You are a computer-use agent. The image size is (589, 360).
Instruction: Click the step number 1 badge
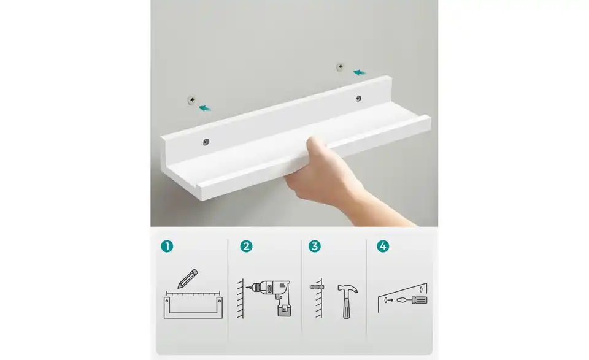tap(167, 247)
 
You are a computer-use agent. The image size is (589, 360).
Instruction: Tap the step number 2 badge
tap(246, 247)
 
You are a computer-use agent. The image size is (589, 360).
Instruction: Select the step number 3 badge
tap(315, 247)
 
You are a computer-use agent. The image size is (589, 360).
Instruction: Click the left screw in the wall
tap(193, 99)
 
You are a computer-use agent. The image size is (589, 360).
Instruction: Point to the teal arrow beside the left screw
tap(205, 108)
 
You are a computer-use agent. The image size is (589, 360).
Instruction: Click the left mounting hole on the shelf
tap(206, 142)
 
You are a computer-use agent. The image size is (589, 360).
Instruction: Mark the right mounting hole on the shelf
tap(358, 98)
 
